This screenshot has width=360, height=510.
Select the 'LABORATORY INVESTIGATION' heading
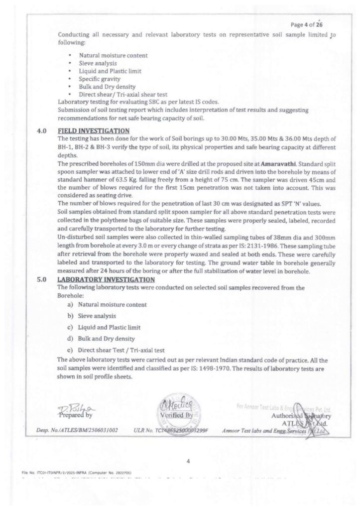click(107, 280)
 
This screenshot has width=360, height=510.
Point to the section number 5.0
click(41, 280)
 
